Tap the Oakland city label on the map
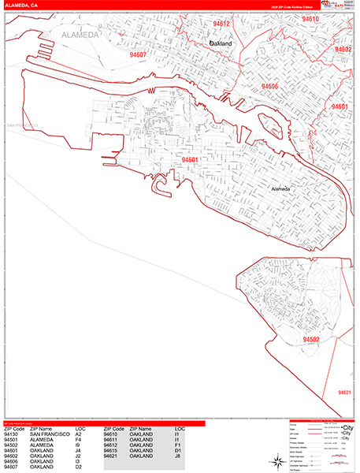(221, 44)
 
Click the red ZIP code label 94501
(189, 159)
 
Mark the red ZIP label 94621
(344, 392)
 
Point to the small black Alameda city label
(280, 189)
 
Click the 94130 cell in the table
(12, 434)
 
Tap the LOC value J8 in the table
(179, 456)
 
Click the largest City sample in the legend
(346, 428)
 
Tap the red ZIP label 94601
(340, 106)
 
